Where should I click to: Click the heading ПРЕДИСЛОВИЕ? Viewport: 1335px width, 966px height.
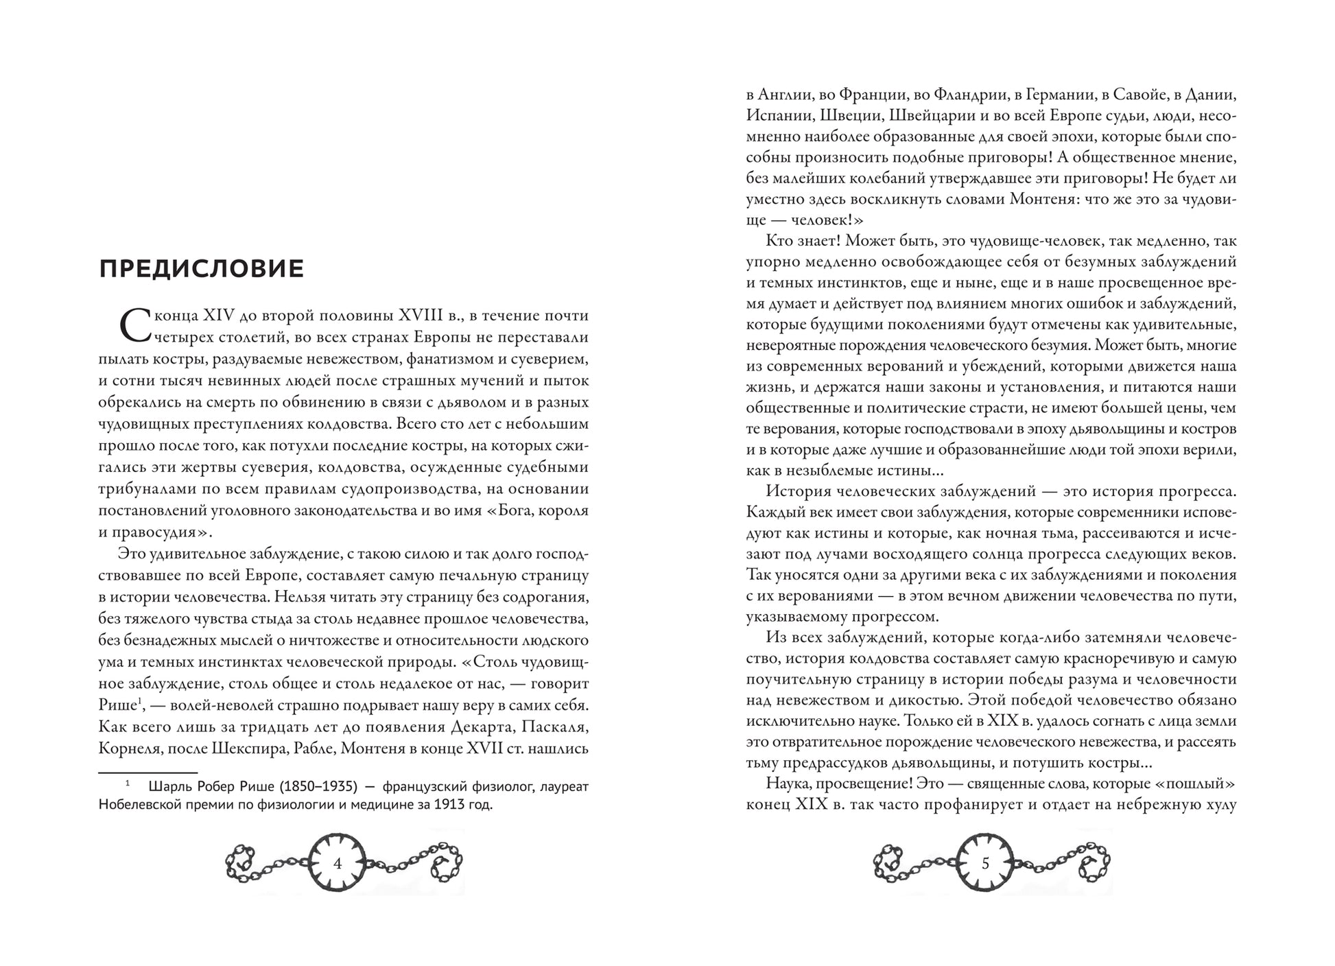(201, 268)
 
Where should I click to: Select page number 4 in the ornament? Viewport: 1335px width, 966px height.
(337, 864)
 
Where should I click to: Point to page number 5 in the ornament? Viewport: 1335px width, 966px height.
(986, 864)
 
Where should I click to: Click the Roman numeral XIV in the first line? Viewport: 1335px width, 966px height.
(219, 316)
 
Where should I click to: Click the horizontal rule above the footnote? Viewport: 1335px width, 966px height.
(147, 773)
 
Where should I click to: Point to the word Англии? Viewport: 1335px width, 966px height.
(789, 95)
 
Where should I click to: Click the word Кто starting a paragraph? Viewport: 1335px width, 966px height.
(781, 241)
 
